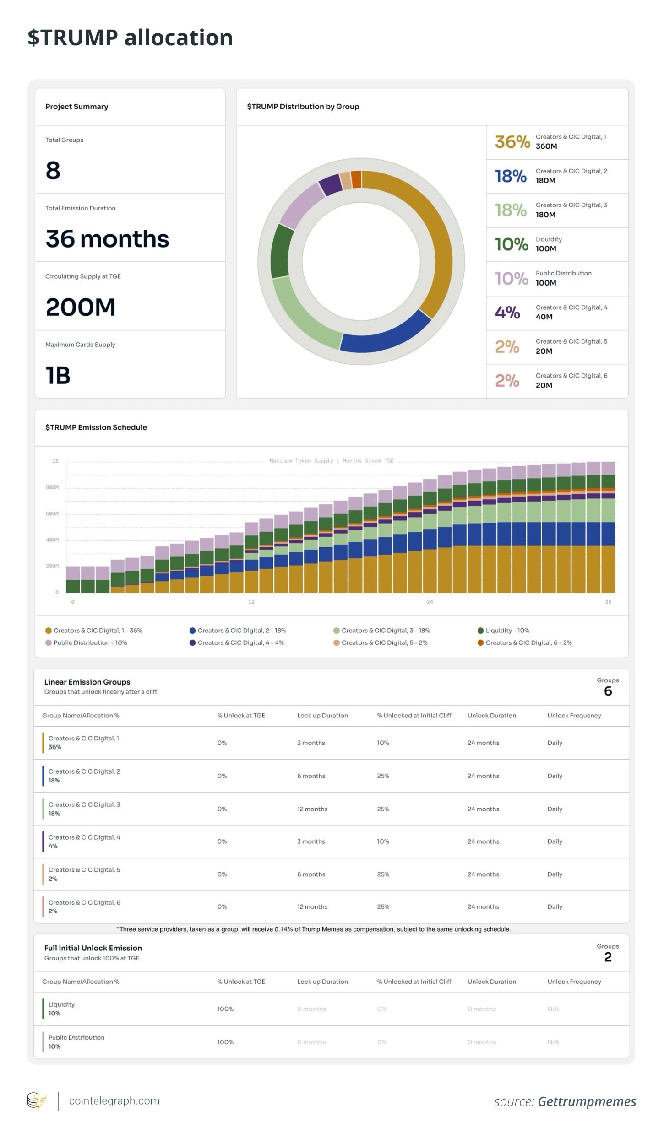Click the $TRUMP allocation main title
coord(130,38)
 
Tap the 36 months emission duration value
coord(107,239)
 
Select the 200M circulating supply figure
coord(81,307)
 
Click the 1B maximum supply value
coord(58,376)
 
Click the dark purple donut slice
coord(330,184)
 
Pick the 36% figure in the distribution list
coord(512,142)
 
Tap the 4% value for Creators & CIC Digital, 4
coord(507,313)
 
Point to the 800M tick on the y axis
coord(52,487)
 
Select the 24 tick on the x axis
coord(430,602)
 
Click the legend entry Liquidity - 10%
coord(507,631)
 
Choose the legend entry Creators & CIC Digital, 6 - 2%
coord(528,643)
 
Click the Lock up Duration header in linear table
coord(322,716)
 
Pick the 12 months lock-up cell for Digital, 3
coord(312,809)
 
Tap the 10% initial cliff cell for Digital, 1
coord(383,743)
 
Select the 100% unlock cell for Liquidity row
coord(225,1009)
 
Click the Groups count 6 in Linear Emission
coord(608,691)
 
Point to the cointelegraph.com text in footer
coord(114,1101)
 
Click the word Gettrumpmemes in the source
coord(587,1101)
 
